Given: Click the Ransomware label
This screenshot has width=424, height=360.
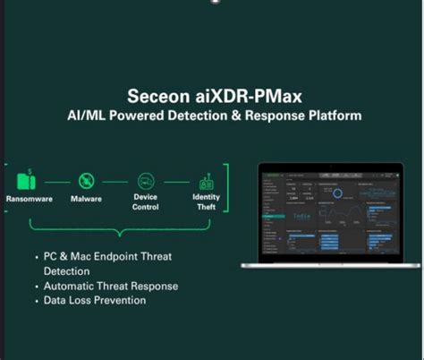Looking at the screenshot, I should [29, 198].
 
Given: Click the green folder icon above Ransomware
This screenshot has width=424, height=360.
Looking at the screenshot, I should [29, 178].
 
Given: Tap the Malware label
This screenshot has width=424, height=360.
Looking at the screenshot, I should [86, 198].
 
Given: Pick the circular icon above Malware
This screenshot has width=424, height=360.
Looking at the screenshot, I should [86, 179].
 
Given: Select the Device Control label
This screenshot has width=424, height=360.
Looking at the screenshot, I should [145, 201].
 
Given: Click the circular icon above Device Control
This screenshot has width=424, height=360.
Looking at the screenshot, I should [145, 179].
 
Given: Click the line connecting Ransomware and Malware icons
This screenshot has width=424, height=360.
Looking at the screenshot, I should [57, 179].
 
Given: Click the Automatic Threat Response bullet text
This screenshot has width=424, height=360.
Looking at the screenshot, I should [111, 286].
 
